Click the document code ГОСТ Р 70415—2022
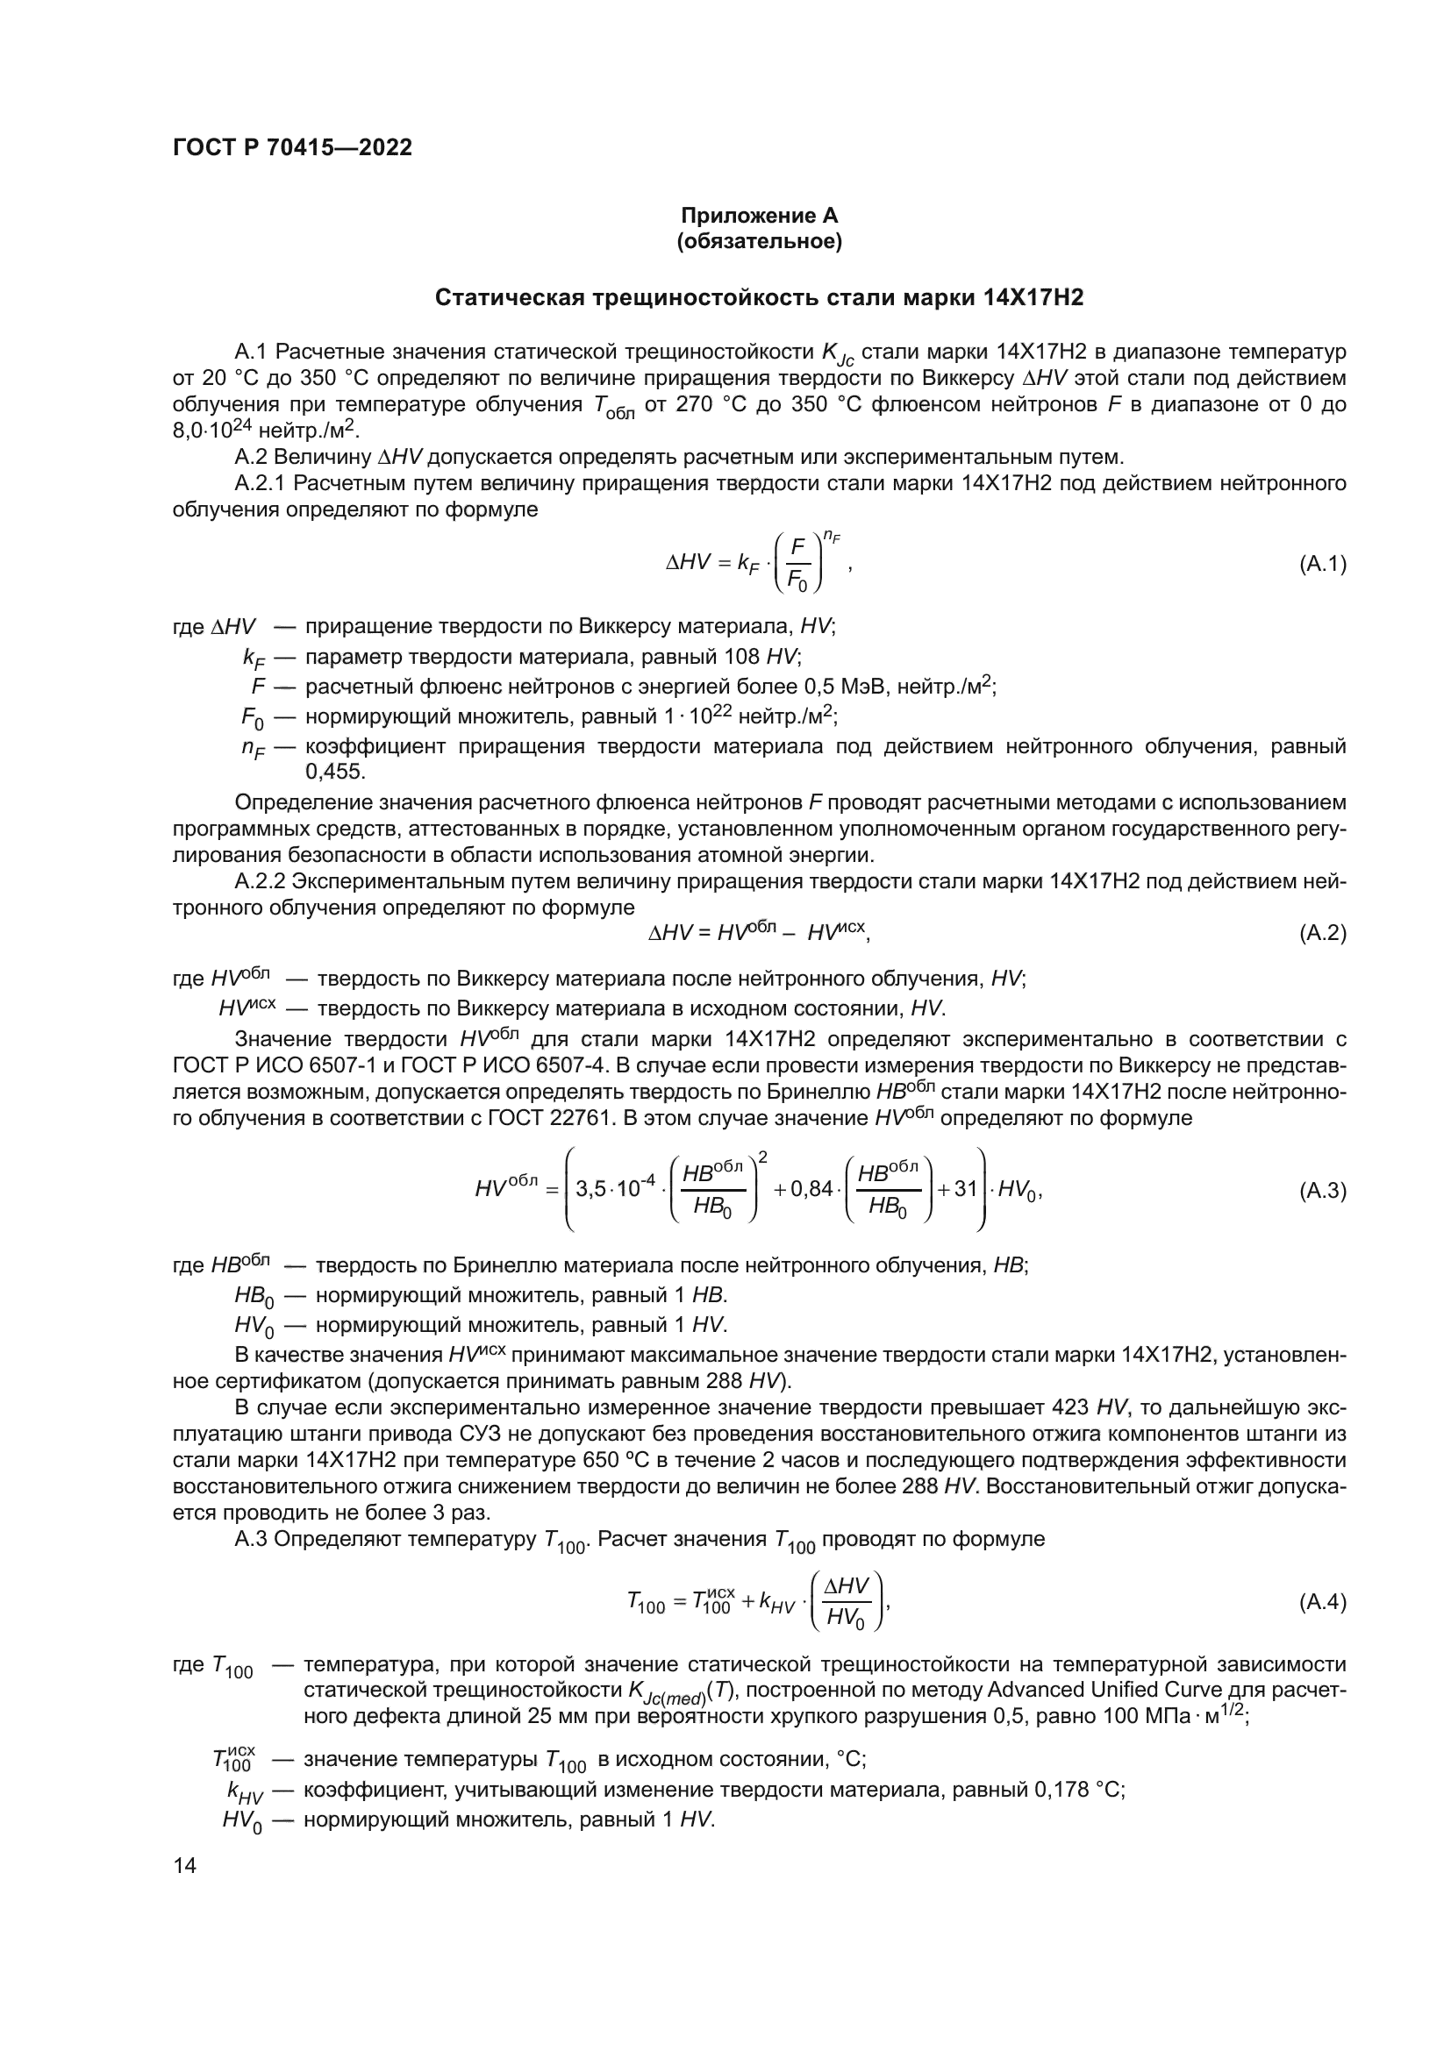point(292,148)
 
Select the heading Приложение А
point(760,217)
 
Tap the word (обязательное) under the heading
point(760,242)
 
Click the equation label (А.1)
point(1321,565)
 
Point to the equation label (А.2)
point(1321,934)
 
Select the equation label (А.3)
point(1321,1191)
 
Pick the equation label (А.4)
point(1321,1603)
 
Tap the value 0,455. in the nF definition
point(335,771)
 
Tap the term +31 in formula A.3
point(958,1191)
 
